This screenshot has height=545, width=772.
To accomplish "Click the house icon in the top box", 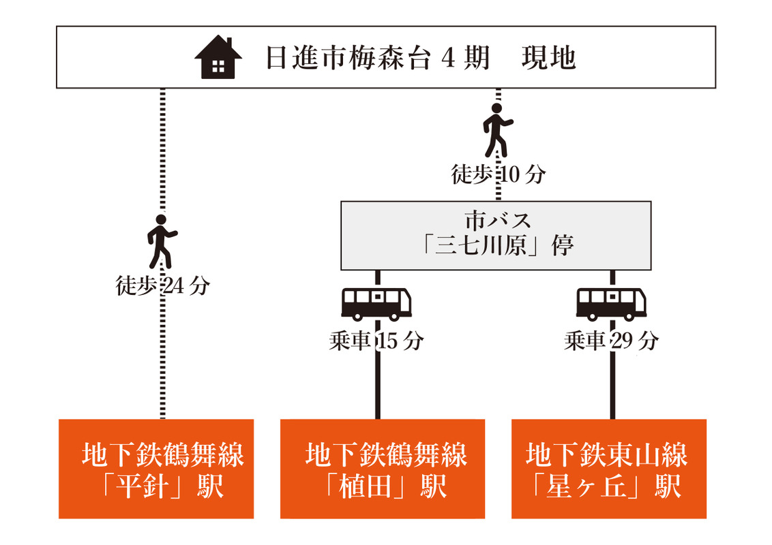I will pos(218,59).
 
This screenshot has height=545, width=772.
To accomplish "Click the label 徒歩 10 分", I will pos(499,174).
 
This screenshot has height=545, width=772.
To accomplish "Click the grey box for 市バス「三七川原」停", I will pos(496,234).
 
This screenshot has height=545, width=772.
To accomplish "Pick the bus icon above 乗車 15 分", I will pos(377,304).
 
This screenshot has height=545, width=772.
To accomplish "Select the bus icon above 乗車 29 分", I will pos(612,304).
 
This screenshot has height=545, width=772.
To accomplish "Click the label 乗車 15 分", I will pos(376,341).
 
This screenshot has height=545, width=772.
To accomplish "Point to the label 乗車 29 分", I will pos(612,341).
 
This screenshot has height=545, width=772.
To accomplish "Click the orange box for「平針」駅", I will pos(156,469).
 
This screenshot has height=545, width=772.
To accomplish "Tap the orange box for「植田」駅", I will pos(383,469).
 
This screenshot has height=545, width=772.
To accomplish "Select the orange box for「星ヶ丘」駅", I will pos(609,469).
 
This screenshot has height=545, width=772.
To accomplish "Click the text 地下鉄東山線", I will pos(608,454).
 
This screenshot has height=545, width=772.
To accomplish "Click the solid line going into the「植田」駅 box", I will pos(377,388).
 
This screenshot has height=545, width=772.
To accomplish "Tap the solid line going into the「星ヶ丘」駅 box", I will pos(612,388).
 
